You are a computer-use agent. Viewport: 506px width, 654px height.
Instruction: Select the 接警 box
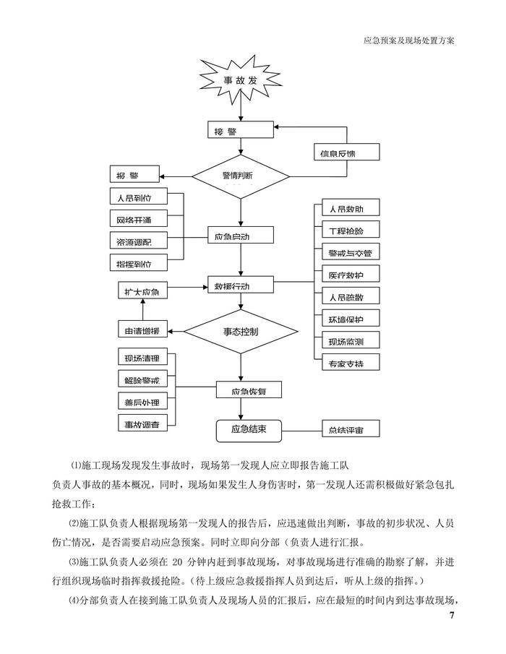click(240, 132)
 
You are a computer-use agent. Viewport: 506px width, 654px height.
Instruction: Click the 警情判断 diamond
click(241, 176)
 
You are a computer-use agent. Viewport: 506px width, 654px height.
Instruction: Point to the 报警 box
click(136, 176)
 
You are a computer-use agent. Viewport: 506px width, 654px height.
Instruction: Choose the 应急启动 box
click(241, 236)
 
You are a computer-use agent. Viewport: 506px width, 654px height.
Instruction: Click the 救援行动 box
click(241, 285)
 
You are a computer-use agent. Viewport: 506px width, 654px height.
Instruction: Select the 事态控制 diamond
click(240, 332)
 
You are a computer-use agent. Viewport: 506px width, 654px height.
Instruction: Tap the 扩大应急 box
click(142, 291)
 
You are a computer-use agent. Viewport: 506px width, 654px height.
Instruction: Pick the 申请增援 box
click(142, 332)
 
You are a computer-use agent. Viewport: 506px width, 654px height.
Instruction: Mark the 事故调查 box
click(142, 423)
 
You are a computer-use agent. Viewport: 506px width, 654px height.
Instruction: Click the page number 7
click(452, 616)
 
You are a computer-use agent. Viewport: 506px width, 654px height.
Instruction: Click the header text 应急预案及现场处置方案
click(408, 41)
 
